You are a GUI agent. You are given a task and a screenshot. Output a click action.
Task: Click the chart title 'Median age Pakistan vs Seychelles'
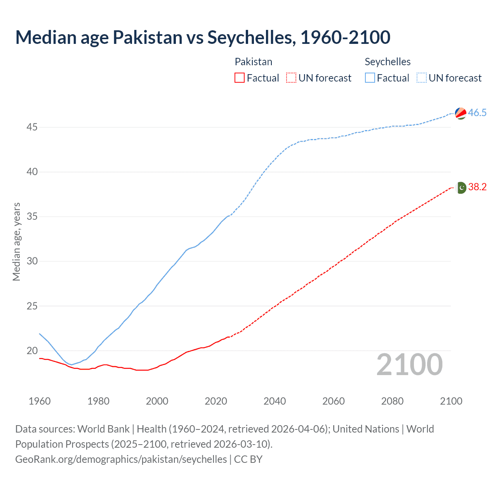tap(203, 37)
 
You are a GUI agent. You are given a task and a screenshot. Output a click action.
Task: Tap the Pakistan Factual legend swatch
tap(240, 78)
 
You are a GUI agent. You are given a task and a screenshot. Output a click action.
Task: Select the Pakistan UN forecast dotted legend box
tap(291, 78)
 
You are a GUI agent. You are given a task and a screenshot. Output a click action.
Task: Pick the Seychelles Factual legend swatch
tap(370, 78)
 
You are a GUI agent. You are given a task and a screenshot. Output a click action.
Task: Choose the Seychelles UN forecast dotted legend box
tap(421, 78)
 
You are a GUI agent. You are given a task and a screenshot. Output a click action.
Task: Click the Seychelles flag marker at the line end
tap(461, 113)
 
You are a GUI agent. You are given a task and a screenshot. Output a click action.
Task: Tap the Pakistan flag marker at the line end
tap(461, 188)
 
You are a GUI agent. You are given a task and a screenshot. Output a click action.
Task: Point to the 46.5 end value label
tap(477, 113)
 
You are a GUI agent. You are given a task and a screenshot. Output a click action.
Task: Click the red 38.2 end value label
tap(477, 187)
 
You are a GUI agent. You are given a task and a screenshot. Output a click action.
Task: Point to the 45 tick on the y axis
tap(32, 127)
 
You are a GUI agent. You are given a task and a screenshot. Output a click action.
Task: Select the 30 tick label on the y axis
tap(32, 261)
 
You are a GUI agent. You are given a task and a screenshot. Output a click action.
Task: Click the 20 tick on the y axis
tap(32, 351)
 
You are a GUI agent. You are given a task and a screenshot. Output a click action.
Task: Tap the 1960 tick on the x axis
tap(40, 401)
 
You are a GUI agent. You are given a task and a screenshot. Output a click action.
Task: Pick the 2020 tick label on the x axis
tap(216, 401)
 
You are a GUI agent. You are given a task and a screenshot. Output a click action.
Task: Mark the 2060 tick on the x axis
tap(334, 401)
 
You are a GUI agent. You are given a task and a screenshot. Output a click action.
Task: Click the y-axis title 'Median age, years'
tap(16, 242)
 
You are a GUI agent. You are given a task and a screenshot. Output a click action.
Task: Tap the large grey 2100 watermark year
tap(410, 365)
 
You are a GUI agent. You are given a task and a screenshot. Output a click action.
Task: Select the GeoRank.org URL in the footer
tap(121, 459)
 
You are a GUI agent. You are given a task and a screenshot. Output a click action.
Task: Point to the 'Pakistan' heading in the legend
tap(254, 62)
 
